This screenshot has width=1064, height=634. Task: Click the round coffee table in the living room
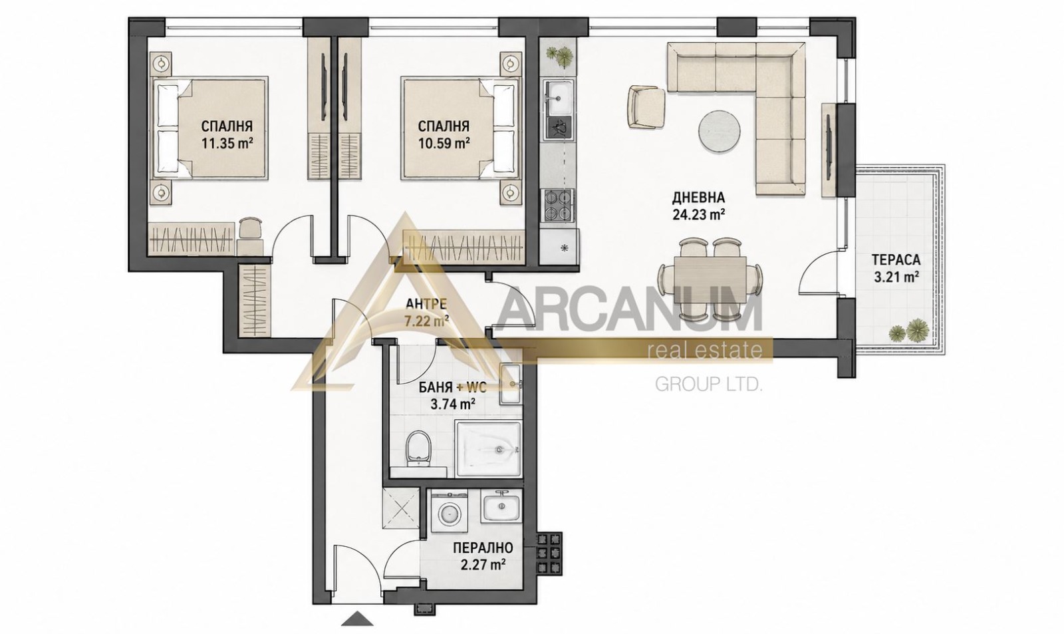pos(719,130)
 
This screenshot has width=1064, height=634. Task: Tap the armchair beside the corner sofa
pos(646,107)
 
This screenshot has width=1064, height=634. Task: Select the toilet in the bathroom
pos(418,447)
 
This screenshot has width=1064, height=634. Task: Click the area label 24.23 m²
pos(698,214)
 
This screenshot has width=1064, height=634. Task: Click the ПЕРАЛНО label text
pos(483,548)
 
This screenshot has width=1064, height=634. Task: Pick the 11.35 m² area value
pos(227,143)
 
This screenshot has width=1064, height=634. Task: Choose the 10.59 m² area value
pos(444,142)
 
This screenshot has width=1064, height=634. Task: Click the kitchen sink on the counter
pos(559,98)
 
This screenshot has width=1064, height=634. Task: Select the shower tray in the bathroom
pos(488,448)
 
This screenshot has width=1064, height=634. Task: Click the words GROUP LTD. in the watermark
pos(709,384)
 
